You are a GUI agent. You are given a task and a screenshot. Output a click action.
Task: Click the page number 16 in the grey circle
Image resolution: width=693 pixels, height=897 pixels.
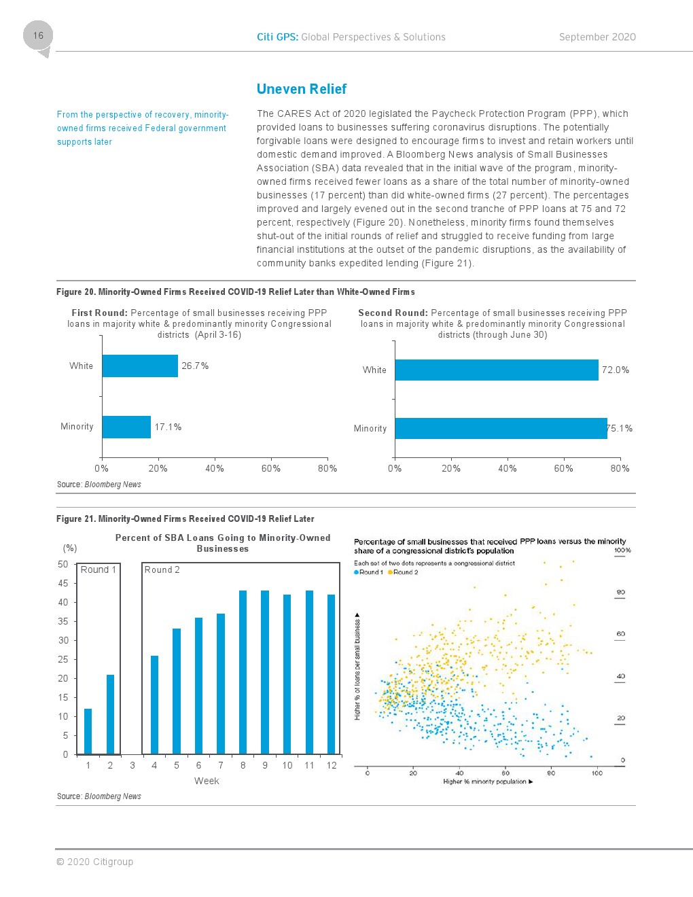click(x=38, y=35)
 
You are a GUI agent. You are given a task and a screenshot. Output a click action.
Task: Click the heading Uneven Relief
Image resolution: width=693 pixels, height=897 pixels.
click(x=301, y=89)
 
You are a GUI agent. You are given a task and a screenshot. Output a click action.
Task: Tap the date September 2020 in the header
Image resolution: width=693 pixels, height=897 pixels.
click(x=597, y=37)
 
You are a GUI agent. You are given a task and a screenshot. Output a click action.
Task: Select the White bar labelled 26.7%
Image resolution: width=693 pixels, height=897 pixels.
click(x=140, y=366)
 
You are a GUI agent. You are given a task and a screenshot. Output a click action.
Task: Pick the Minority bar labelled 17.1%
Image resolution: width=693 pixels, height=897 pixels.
click(x=126, y=427)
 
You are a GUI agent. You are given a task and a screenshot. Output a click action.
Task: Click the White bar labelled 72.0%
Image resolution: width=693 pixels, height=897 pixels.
click(x=497, y=370)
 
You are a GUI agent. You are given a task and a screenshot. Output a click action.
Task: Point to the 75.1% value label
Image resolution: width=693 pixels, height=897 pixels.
click(x=620, y=428)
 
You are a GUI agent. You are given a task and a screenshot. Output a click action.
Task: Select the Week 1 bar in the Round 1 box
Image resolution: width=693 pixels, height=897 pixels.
click(x=88, y=731)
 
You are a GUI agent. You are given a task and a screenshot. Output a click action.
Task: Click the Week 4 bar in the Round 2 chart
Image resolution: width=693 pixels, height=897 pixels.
click(x=154, y=705)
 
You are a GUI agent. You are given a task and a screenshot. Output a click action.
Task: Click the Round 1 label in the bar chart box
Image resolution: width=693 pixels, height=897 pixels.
click(x=99, y=569)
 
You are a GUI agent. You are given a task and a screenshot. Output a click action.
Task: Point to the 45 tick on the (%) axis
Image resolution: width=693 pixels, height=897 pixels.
click(x=63, y=583)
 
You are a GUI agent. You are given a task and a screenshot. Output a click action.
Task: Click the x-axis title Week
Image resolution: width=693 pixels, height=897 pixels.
click(x=207, y=781)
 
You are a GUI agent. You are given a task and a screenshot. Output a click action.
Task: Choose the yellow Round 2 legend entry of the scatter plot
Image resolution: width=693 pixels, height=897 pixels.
click(x=404, y=572)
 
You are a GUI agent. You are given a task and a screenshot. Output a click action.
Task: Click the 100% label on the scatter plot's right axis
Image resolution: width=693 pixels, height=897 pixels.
click(x=622, y=550)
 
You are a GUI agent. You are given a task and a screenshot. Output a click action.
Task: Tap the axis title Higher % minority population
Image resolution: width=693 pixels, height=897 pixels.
click(x=485, y=781)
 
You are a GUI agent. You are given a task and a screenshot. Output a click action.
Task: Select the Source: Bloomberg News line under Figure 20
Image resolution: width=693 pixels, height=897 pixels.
click(x=99, y=485)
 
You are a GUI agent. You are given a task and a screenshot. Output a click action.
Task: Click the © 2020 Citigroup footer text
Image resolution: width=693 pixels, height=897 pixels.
click(x=95, y=862)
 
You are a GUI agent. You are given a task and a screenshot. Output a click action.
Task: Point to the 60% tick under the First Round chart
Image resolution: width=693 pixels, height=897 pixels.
click(x=271, y=468)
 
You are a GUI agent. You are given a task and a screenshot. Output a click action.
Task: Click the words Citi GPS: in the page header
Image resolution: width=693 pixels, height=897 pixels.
click(x=277, y=37)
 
